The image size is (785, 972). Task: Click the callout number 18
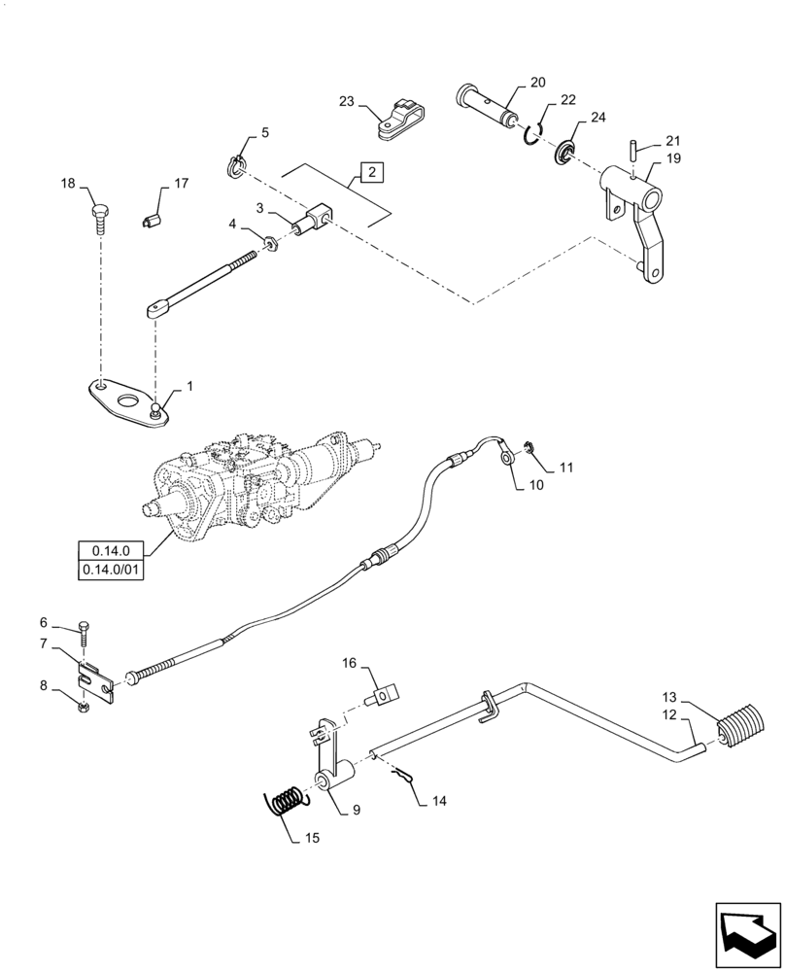point(67,184)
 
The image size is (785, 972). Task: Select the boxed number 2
point(372,173)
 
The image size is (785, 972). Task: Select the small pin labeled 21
point(630,148)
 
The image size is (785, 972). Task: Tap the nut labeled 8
point(85,705)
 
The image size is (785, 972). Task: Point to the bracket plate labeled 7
point(97,677)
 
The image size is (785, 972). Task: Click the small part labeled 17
point(150,222)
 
